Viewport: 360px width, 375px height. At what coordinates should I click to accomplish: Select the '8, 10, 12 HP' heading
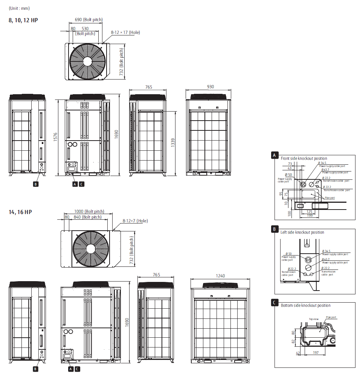(23, 20)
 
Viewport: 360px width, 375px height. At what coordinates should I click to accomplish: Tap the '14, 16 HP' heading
(20, 212)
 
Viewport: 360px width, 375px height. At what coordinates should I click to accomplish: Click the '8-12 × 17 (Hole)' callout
(125, 32)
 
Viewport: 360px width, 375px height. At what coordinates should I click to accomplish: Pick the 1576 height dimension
(55, 137)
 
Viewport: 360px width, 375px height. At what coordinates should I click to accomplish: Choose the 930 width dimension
(211, 87)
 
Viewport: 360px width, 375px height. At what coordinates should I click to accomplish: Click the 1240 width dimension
(220, 276)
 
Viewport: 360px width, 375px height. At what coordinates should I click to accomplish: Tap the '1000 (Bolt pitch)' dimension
(89, 211)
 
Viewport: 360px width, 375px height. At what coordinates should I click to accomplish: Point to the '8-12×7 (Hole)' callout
(135, 221)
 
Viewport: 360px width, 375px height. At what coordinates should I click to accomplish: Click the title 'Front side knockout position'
(304, 159)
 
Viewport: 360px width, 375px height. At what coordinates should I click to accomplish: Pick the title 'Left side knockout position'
(302, 232)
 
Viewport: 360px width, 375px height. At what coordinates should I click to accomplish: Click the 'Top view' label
(314, 319)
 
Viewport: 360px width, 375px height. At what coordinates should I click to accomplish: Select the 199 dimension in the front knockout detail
(309, 216)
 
